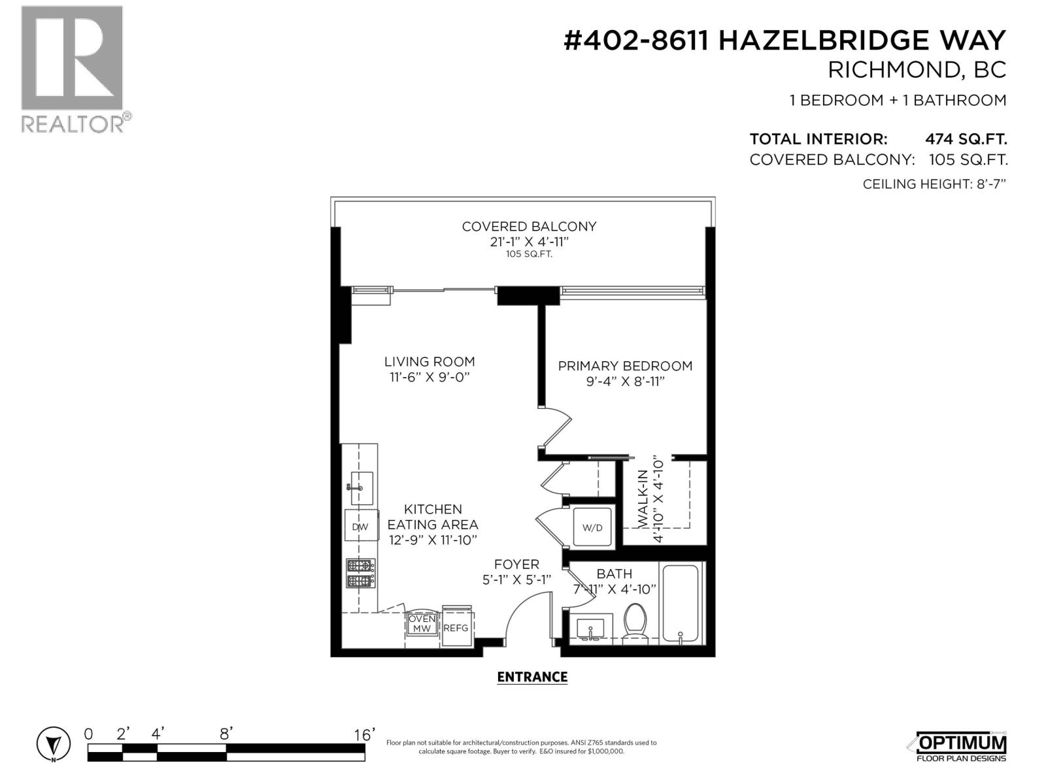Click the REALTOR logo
tap(72, 69)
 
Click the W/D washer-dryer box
tap(592, 527)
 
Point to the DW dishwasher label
tap(360, 527)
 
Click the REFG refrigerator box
tap(456, 627)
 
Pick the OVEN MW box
tap(422, 623)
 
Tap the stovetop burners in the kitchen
tap(361, 573)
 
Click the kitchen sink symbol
tap(362, 487)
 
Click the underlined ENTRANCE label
tap(532, 677)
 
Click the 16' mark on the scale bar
tap(364, 734)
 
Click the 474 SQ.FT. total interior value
tap(966, 139)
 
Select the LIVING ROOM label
tap(429, 361)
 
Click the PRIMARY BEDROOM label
tap(624, 366)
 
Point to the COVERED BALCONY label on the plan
tap(529, 227)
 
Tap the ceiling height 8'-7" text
tap(934, 184)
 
